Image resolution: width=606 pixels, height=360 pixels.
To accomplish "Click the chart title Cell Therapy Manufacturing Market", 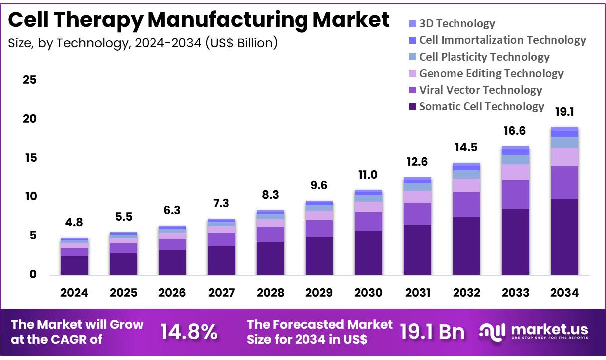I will pos(199,20).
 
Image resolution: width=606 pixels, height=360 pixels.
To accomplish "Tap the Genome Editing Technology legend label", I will pos(491,73).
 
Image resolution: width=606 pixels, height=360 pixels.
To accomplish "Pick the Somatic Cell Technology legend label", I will pos(481,106).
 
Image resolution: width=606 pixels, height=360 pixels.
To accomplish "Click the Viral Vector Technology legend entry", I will pos(480,90).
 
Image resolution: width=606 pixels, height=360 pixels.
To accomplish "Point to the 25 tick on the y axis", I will pos(29,80).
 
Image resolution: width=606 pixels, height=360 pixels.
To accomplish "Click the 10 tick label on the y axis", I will pos(29,196).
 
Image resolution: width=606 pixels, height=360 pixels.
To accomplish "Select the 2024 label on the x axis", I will pos(74,293).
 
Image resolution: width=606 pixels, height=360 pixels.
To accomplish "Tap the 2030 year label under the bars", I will pos(368,293).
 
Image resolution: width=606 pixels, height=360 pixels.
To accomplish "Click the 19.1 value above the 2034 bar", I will pos(564,112).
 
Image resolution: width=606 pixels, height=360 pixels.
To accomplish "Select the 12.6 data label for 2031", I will pos(417,162).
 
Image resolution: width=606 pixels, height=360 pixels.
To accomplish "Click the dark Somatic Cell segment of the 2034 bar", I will pos(564,237).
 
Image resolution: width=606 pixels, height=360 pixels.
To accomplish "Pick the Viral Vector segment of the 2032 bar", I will pos(466,204).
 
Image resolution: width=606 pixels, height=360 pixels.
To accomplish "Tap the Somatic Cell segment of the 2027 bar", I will pos(221,260).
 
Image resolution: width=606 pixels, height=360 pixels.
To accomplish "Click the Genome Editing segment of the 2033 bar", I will pos(515,172).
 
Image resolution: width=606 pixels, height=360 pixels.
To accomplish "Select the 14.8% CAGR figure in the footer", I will pos(189,332).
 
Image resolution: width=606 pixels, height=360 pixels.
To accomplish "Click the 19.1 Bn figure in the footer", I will pos(432,332).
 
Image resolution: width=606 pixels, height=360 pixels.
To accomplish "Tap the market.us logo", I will pos(534,332).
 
